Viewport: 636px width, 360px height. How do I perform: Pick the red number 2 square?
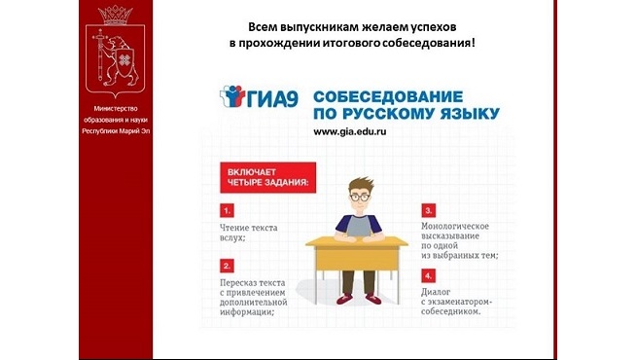[227, 265]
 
